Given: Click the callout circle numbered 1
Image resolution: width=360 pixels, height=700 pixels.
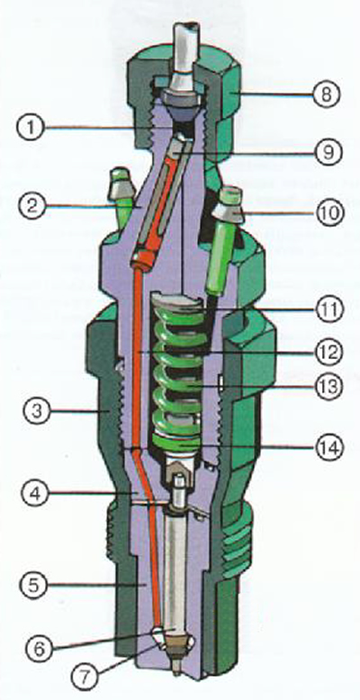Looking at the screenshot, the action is tap(31, 128).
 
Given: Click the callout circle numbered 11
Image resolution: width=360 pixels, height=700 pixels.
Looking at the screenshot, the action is tap(328, 309).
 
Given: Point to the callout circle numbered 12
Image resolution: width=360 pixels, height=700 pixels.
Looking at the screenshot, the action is tap(328, 352).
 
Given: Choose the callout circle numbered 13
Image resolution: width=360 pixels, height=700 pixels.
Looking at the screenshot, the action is tap(328, 387).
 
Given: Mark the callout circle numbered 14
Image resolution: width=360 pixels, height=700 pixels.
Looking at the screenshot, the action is tap(329, 446).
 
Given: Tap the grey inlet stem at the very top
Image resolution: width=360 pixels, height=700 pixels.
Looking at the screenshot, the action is tap(184, 54).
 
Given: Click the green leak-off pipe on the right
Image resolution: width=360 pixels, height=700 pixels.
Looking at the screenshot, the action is tap(222, 243).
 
